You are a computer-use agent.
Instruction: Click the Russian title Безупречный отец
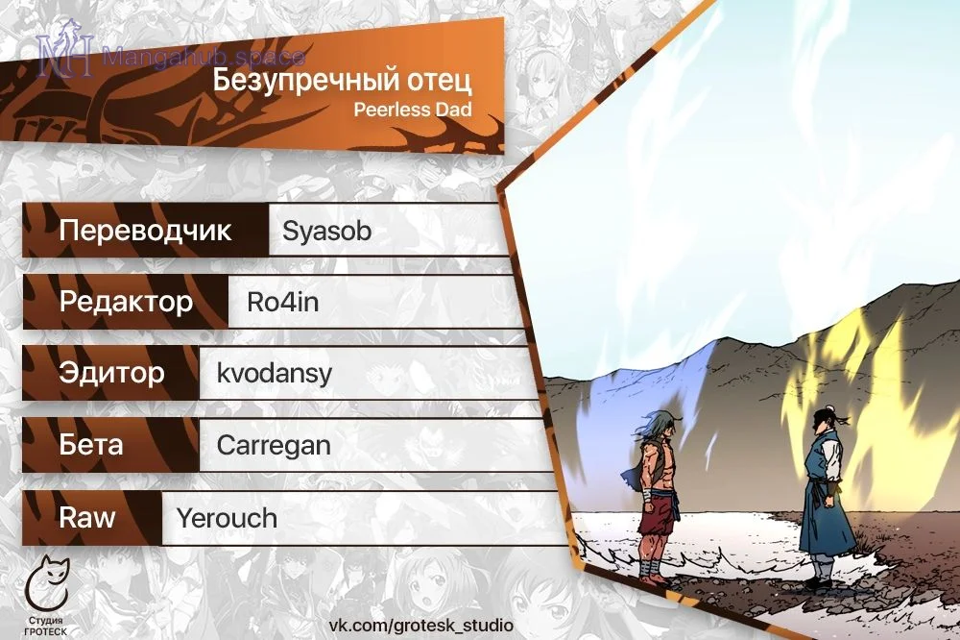pos(343,81)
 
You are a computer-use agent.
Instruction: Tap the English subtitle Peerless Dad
pos(413,110)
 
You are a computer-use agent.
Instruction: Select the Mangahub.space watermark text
pos(204,57)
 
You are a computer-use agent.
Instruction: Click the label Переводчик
pos(145,231)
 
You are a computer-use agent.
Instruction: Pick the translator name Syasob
pos(326,231)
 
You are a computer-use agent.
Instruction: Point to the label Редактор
pos(126,302)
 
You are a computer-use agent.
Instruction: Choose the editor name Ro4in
pos(283,302)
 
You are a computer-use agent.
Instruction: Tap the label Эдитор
pos(111,373)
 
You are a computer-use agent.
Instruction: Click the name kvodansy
pos(275,373)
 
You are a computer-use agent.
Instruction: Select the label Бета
pos(90,444)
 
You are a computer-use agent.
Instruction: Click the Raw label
pos(87,517)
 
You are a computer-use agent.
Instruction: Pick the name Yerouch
pos(227,518)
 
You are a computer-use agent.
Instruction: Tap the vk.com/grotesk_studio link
pos(421,626)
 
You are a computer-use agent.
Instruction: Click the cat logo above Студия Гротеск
pos(46,583)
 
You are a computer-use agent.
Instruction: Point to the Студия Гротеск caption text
pos(46,626)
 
